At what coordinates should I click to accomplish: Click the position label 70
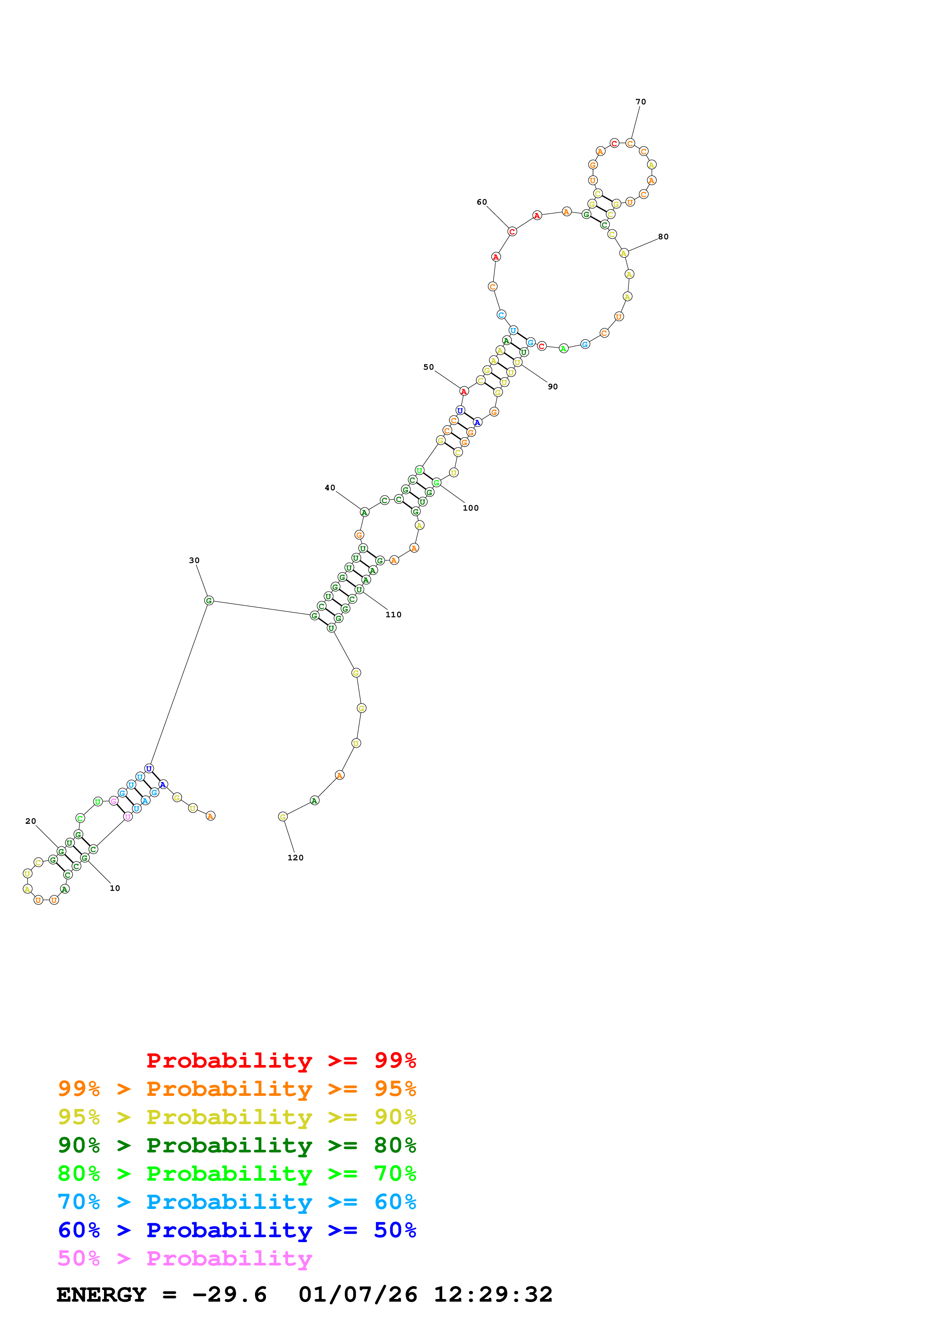tap(641, 102)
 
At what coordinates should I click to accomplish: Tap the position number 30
tap(194, 560)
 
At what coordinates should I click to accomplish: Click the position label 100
tap(471, 508)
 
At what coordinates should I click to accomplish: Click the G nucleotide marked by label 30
tap(209, 601)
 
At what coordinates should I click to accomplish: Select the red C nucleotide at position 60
tap(512, 231)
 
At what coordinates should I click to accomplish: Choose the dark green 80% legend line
tap(237, 1145)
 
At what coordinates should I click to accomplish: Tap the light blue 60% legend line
tap(237, 1202)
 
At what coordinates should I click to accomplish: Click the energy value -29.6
tap(229, 1294)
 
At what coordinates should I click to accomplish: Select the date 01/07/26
tap(358, 1294)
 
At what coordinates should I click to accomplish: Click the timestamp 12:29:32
tap(493, 1294)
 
